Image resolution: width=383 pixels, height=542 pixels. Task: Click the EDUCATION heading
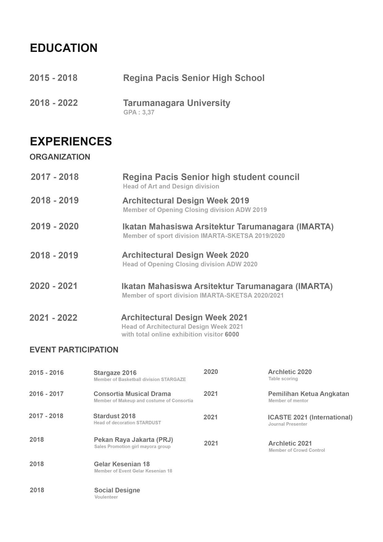click(x=64, y=48)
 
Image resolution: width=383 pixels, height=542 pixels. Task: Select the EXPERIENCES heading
click(x=71, y=141)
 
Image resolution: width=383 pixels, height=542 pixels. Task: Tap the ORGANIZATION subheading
click(x=60, y=157)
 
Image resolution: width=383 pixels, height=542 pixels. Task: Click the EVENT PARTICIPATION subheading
click(x=74, y=350)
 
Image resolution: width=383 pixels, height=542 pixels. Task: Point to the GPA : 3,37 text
click(x=139, y=112)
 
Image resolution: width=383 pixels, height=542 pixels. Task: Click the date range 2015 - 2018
click(x=53, y=78)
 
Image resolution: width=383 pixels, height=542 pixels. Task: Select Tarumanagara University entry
click(x=176, y=103)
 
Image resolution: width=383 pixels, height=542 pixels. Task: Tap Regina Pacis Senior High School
click(x=194, y=78)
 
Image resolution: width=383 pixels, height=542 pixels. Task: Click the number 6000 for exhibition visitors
click(x=232, y=334)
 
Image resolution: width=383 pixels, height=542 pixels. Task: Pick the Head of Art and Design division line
click(x=171, y=186)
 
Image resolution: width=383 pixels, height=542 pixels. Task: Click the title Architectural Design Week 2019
click(x=186, y=201)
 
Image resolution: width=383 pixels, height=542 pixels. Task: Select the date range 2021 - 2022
click(x=53, y=318)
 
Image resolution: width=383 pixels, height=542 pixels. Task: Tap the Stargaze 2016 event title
click(x=115, y=373)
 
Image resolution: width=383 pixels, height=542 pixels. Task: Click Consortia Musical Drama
click(x=132, y=394)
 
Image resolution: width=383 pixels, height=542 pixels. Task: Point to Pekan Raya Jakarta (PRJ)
click(x=133, y=439)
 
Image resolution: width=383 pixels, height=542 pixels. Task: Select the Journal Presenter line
click(x=288, y=424)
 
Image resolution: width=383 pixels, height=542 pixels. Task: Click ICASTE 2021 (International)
click(x=310, y=417)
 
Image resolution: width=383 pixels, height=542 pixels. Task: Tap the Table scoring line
click(x=283, y=379)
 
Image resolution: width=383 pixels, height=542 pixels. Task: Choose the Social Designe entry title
click(x=117, y=490)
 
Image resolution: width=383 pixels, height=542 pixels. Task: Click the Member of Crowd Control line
click(x=297, y=450)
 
